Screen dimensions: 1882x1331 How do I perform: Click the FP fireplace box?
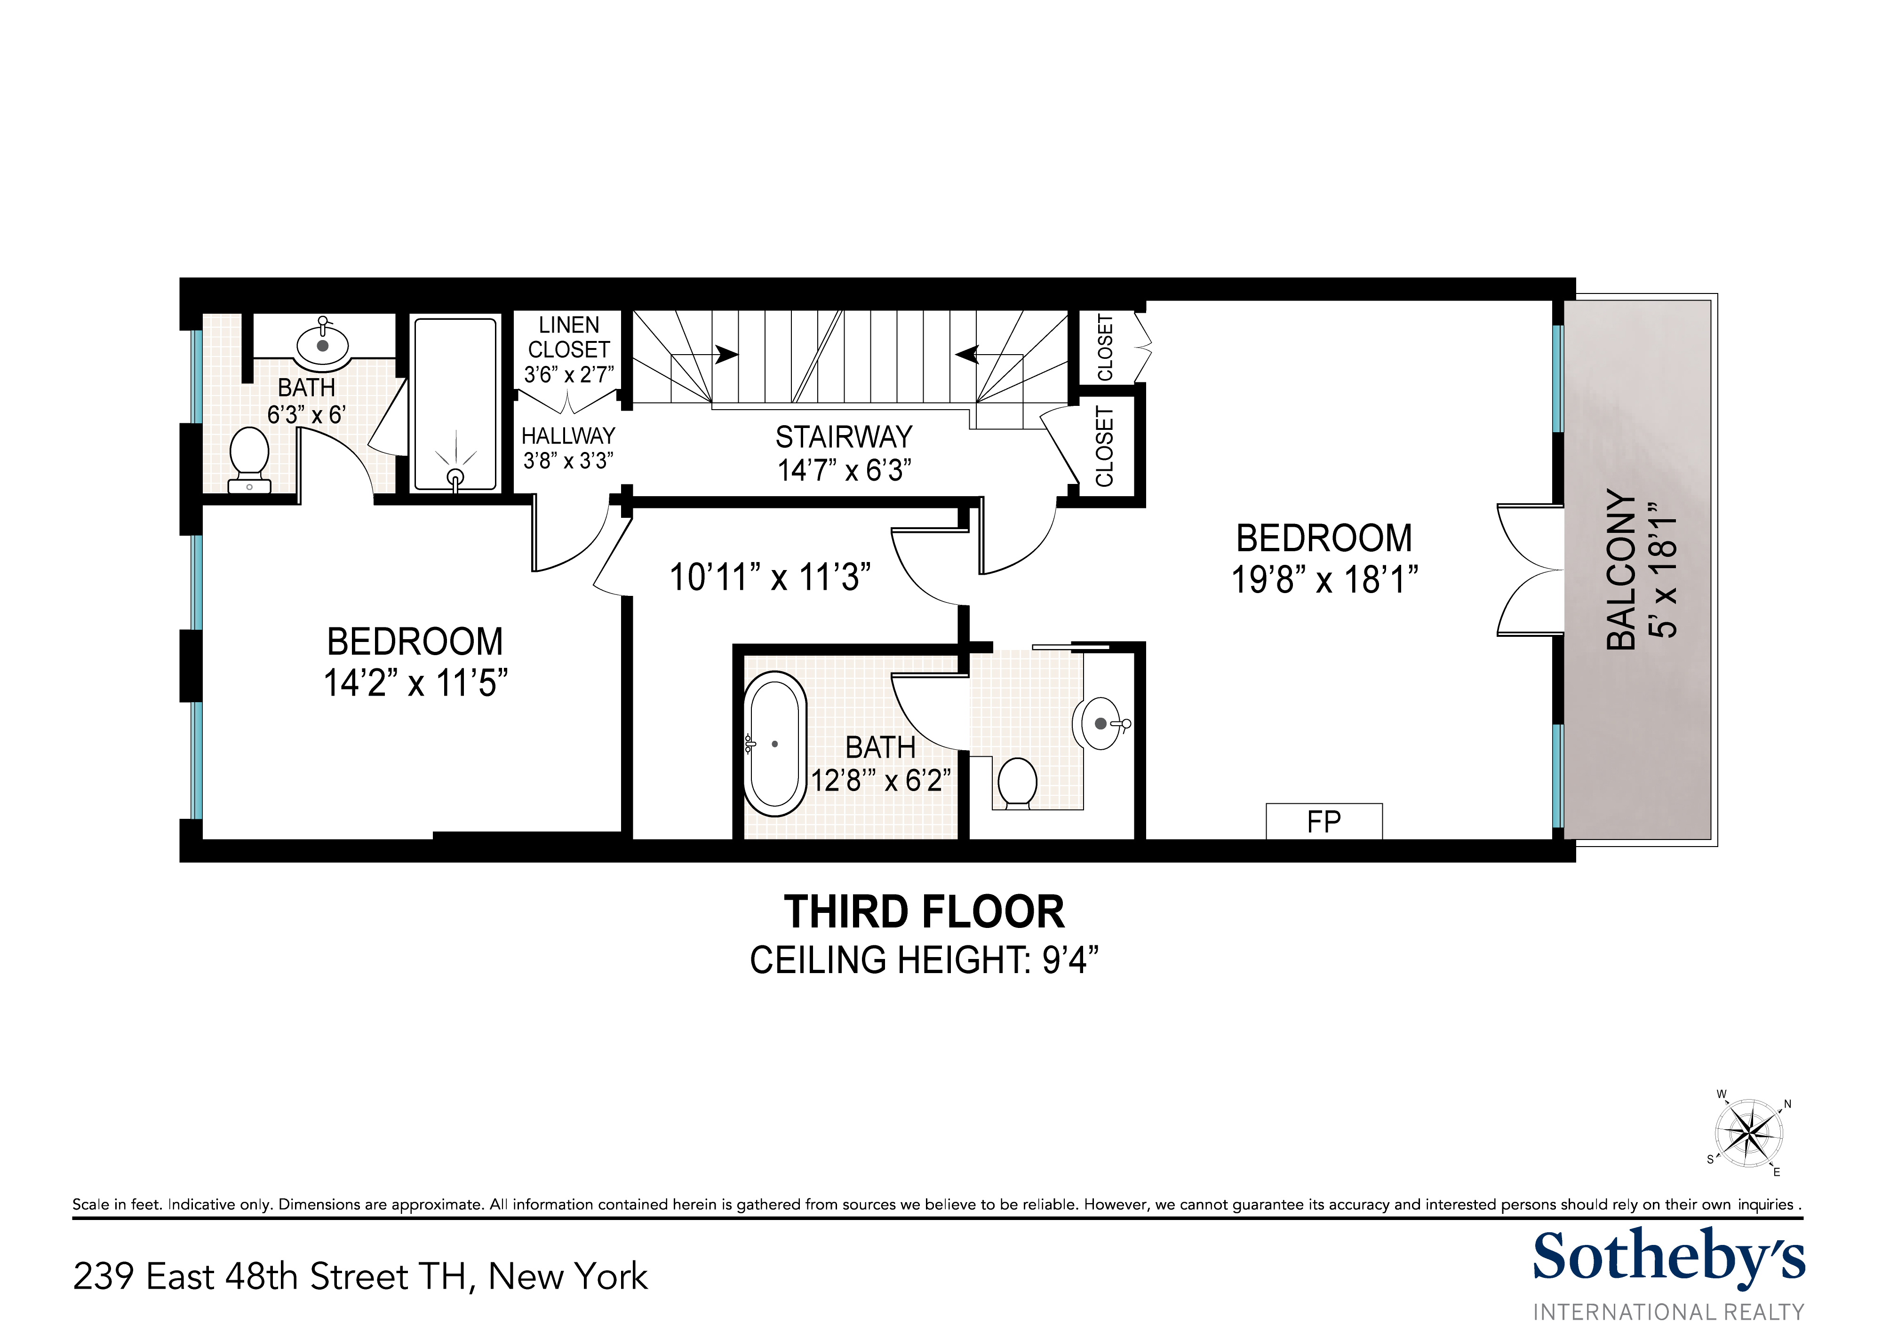coord(1324,821)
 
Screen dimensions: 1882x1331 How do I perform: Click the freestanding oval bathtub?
coord(774,744)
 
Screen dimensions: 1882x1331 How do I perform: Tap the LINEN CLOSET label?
coord(569,338)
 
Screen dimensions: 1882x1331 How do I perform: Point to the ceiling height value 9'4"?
coord(1070,960)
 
